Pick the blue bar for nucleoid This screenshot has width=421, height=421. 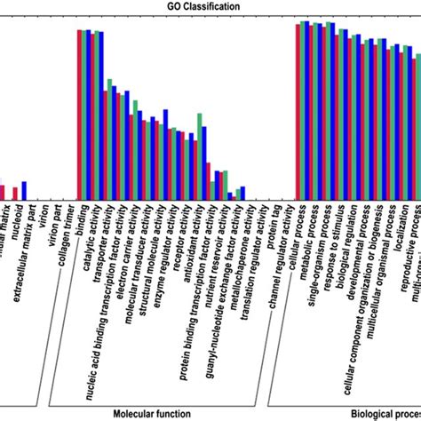(x=25, y=191)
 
